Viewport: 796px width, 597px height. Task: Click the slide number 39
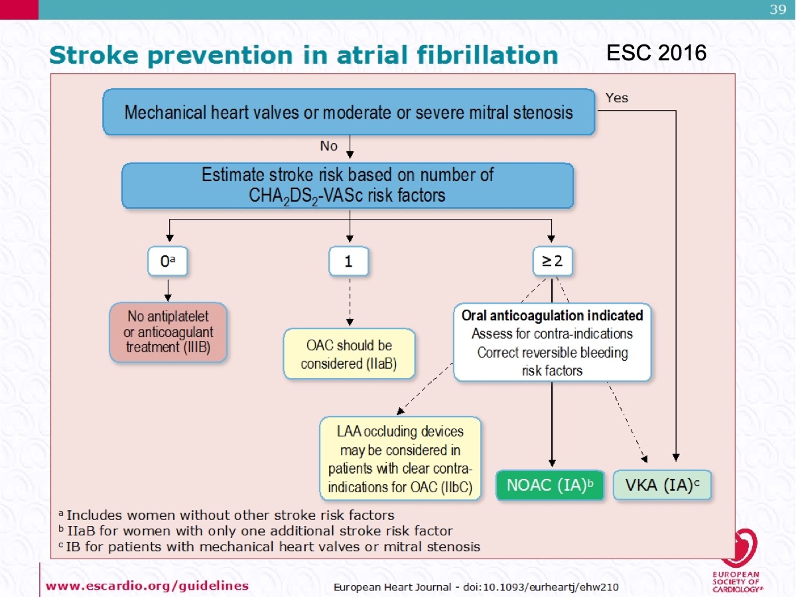pyautogui.click(x=777, y=9)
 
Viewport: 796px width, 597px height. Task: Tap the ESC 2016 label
pyautogui.click(x=657, y=52)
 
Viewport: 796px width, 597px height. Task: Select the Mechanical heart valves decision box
pyautogui.click(x=349, y=112)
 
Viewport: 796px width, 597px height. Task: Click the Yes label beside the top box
pyautogui.click(x=616, y=98)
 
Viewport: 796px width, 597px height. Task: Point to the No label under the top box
pyautogui.click(x=328, y=146)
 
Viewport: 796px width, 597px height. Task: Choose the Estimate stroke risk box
pyautogui.click(x=348, y=185)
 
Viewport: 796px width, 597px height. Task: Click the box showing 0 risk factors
pyautogui.click(x=168, y=262)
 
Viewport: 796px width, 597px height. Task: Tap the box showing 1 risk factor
pyautogui.click(x=348, y=262)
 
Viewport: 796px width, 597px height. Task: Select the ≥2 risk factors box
pyautogui.click(x=552, y=262)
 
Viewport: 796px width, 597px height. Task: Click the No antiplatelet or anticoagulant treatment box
pyautogui.click(x=168, y=332)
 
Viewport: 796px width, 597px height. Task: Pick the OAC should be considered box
pyautogui.click(x=349, y=354)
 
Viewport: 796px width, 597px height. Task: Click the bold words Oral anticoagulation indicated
pyautogui.click(x=552, y=316)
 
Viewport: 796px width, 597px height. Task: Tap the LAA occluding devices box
pyautogui.click(x=400, y=458)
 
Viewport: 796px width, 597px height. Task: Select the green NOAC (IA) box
pyautogui.click(x=550, y=485)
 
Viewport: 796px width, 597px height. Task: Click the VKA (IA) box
pyautogui.click(x=661, y=485)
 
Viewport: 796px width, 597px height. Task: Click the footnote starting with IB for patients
pyautogui.click(x=269, y=547)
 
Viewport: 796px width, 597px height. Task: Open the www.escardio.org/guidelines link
pyautogui.click(x=147, y=585)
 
